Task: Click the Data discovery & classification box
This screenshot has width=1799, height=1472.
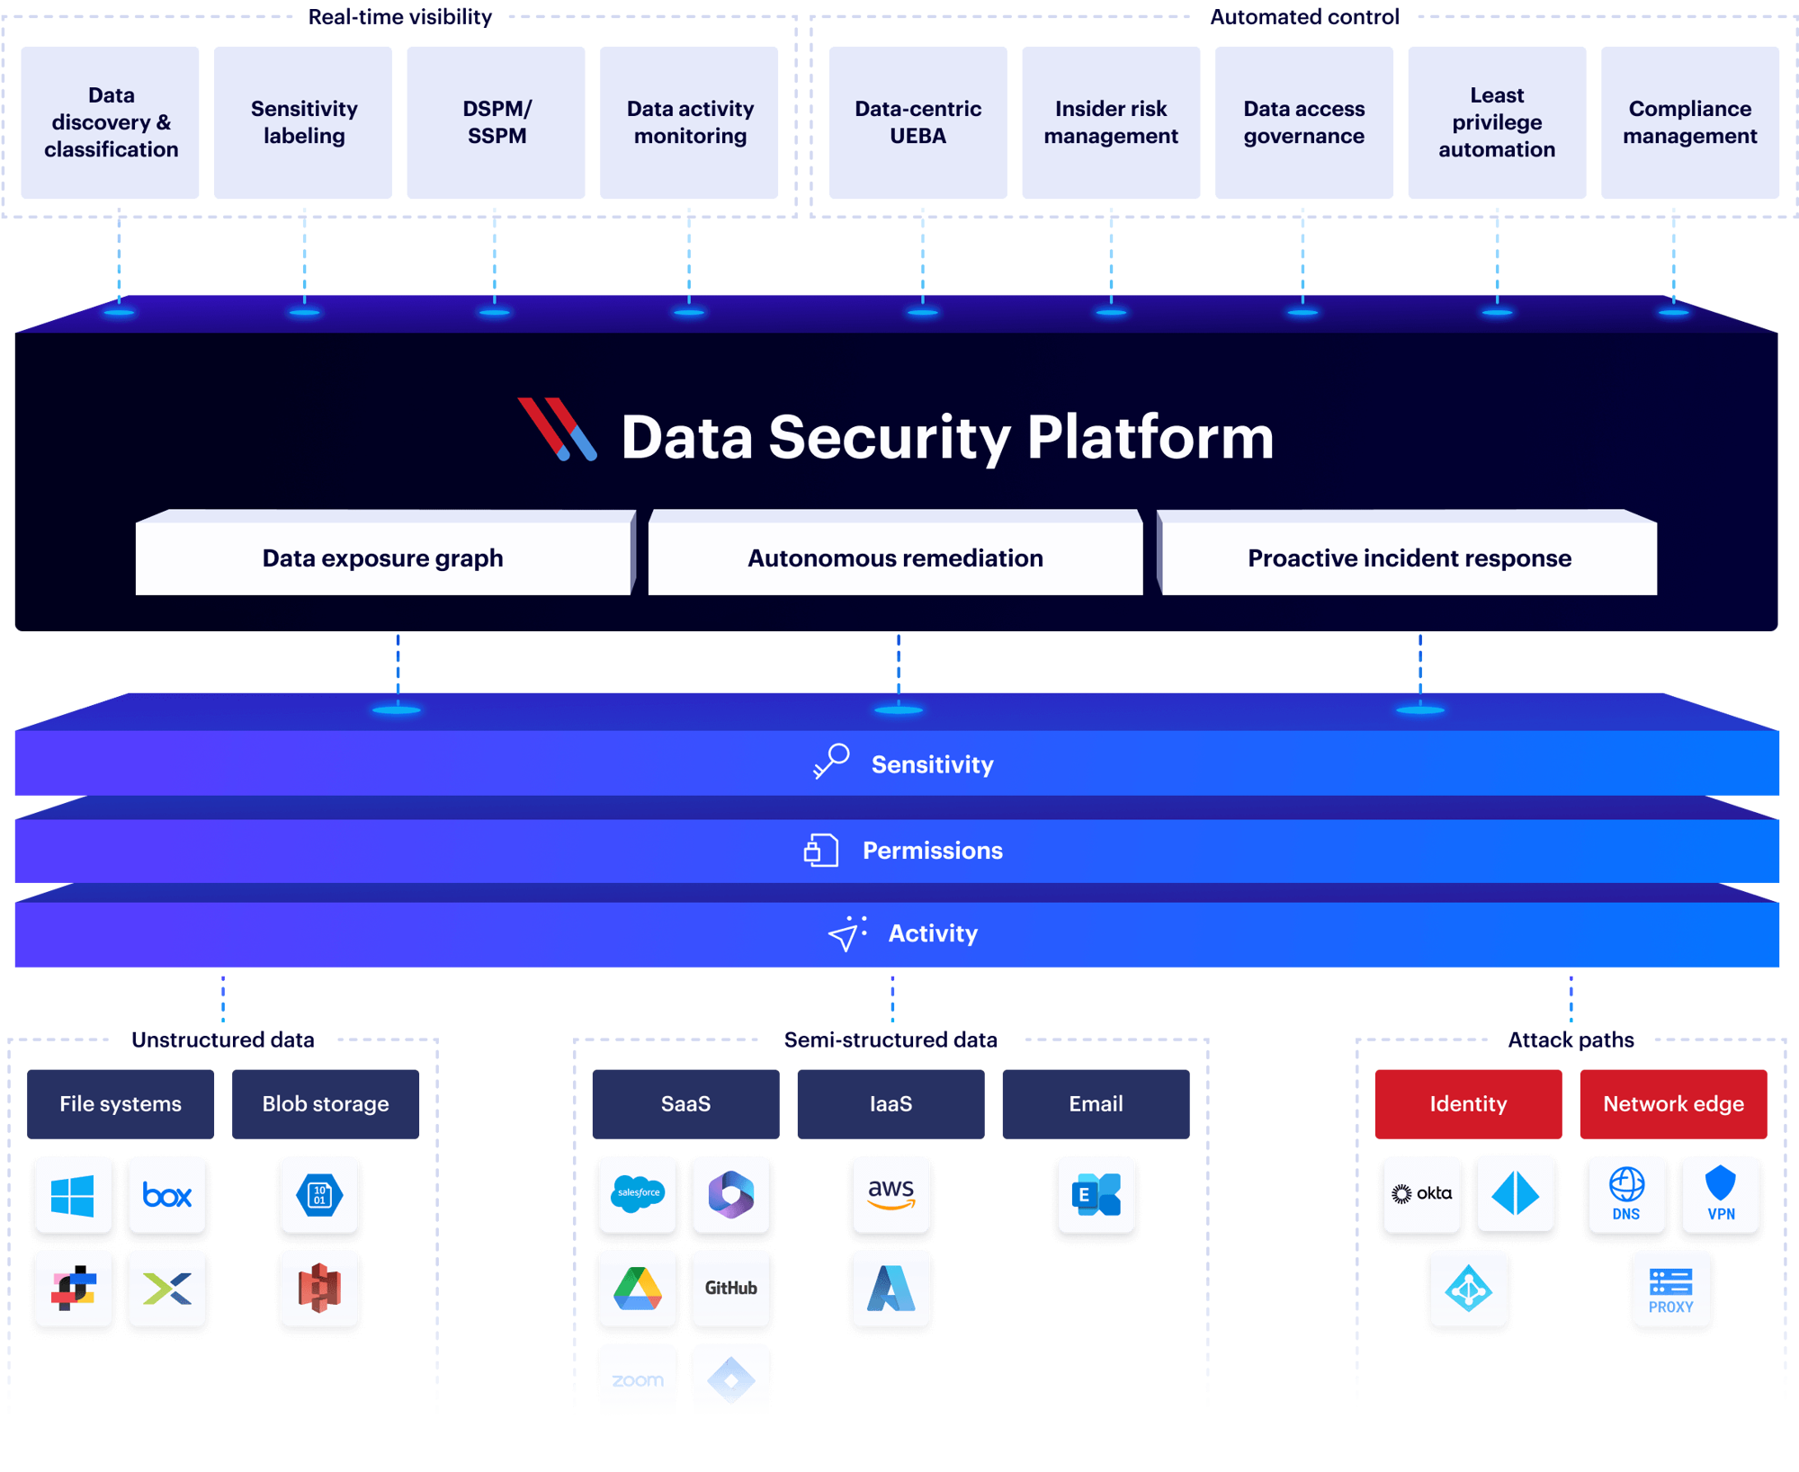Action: pos(111,122)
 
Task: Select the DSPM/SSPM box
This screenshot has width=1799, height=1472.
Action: pos(497,122)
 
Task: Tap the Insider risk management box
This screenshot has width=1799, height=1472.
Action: pos(1111,122)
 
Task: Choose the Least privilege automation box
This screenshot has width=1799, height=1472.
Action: pos(1497,122)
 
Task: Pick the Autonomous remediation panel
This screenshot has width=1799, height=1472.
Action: pos(895,558)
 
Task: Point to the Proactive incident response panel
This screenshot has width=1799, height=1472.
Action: pos(1409,558)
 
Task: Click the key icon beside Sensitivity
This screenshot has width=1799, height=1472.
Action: pos(832,761)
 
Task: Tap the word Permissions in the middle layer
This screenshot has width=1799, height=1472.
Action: pos(933,851)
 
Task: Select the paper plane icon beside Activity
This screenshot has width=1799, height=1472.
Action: pos(846,933)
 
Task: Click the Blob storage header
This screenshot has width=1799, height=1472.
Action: pos(326,1104)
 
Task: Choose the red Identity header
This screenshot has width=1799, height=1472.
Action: pos(1468,1104)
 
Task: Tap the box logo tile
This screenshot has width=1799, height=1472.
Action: pos(167,1195)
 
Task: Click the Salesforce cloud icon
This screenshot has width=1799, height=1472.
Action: pos(638,1194)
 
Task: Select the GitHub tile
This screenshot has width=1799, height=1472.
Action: pos(731,1288)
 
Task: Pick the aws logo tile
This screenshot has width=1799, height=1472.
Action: pos(891,1194)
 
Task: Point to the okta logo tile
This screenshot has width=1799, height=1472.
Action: pos(1421,1194)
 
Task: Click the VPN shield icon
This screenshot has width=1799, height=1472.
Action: pos(1721,1187)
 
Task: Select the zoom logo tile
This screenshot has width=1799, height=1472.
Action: pos(638,1380)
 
